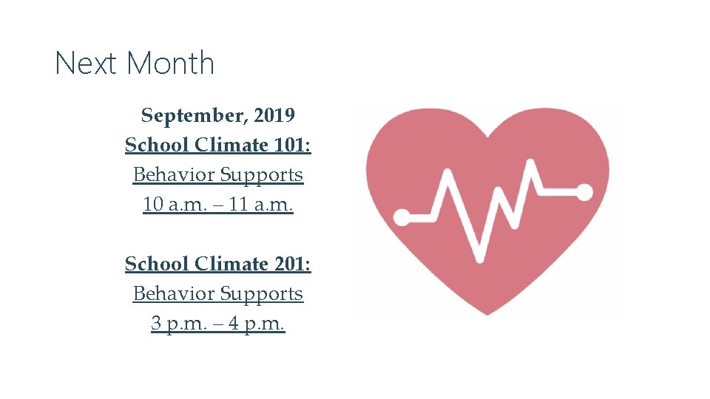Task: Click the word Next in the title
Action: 83,64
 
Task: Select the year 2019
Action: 274,116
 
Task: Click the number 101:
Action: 292,146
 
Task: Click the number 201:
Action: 292,264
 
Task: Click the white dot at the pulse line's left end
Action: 402,217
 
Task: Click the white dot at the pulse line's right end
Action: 584,192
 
